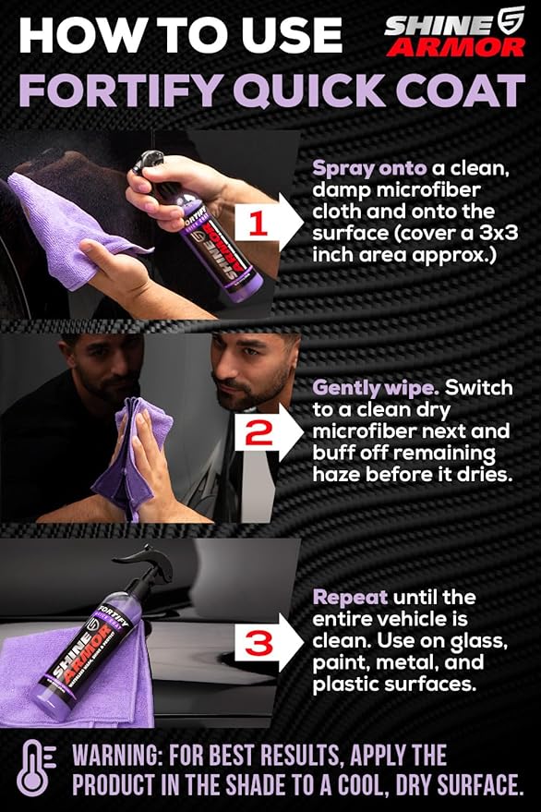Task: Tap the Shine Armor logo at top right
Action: [455, 35]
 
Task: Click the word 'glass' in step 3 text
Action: [479, 641]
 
